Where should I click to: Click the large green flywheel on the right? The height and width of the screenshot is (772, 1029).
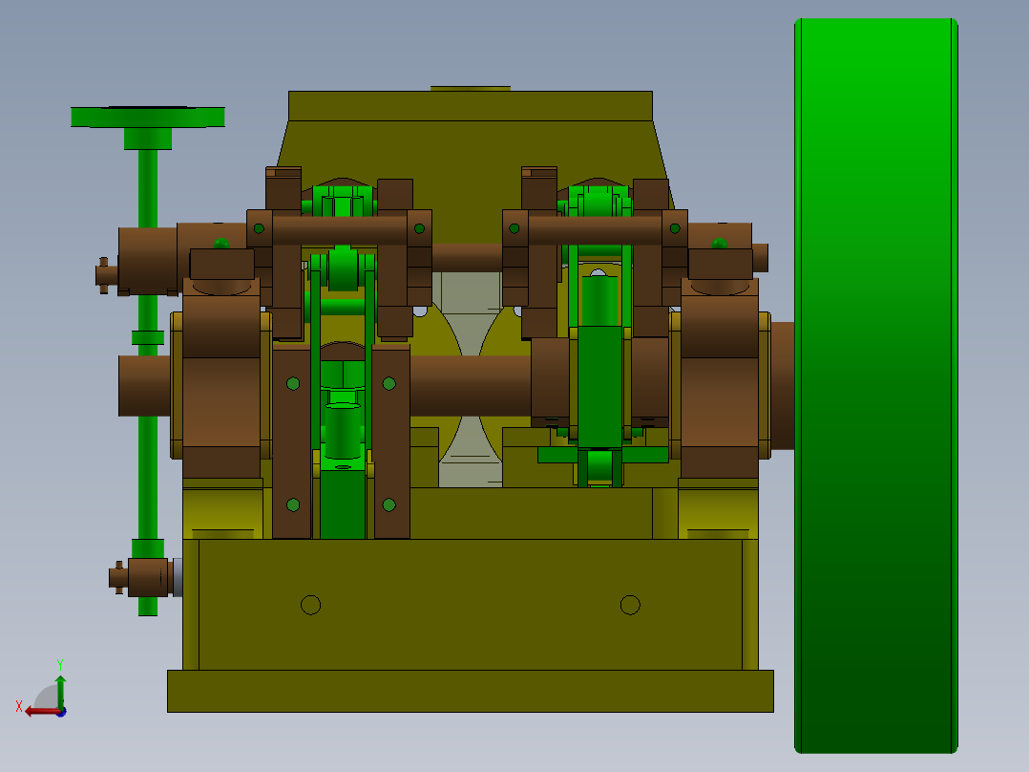click(875, 382)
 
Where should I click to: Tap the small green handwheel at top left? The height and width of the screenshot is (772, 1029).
click(148, 118)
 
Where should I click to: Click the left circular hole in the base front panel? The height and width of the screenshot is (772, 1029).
click(310, 605)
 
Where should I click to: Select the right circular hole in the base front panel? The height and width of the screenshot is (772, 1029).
click(629, 605)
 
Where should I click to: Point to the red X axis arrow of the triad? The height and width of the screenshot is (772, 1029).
click(38, 711)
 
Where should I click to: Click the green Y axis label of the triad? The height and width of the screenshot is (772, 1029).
click(59, 663)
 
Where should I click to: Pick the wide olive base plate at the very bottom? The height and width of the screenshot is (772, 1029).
click(470, 691)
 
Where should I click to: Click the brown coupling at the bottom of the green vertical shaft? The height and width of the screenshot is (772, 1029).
click(148, 577)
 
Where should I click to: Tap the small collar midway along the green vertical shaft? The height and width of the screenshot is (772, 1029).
click(148, 337)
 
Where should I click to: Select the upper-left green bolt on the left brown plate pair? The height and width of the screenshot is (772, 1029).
click(293, 384)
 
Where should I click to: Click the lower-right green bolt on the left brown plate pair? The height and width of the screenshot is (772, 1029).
click(388, 504)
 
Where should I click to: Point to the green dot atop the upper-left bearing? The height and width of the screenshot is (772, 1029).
click(220, 244)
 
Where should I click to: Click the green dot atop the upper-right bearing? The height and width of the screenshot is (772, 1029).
click(719, 244)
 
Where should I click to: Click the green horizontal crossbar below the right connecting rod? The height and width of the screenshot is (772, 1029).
click(602, 455)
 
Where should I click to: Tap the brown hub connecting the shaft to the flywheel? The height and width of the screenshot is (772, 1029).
click(782, 385)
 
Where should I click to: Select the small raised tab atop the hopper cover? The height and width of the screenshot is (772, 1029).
click(470, 88)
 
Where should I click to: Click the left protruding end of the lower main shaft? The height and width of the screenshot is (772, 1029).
click(143, 385)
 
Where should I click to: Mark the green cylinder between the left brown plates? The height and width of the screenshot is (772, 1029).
click(342, 430)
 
